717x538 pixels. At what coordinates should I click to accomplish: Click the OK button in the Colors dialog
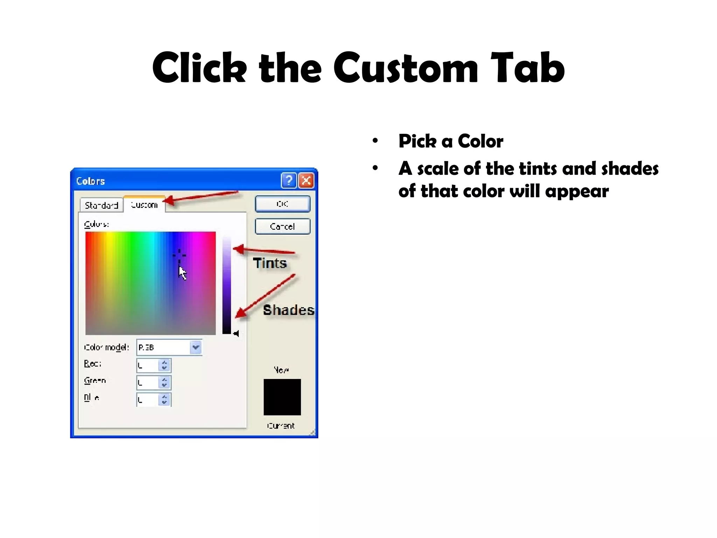283,204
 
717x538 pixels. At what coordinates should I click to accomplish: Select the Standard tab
102,205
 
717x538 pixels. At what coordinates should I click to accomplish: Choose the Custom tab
144,205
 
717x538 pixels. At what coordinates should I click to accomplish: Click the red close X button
306,181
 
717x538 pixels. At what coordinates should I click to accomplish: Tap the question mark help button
288,181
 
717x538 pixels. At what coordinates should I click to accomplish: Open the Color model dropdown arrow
196,347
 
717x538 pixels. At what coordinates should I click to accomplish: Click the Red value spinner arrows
164,365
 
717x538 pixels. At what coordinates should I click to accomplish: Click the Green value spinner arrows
164,382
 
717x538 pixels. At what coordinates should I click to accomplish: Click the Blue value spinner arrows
164,399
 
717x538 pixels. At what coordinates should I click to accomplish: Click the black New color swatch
282,397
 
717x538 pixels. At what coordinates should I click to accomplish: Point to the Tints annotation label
270,263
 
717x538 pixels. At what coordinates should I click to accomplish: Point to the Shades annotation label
288,310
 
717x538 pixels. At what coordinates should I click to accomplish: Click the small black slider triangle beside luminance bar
236,333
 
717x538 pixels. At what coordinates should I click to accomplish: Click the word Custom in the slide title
406,68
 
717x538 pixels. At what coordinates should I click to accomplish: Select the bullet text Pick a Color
451,141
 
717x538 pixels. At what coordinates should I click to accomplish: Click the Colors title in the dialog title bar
90,181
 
